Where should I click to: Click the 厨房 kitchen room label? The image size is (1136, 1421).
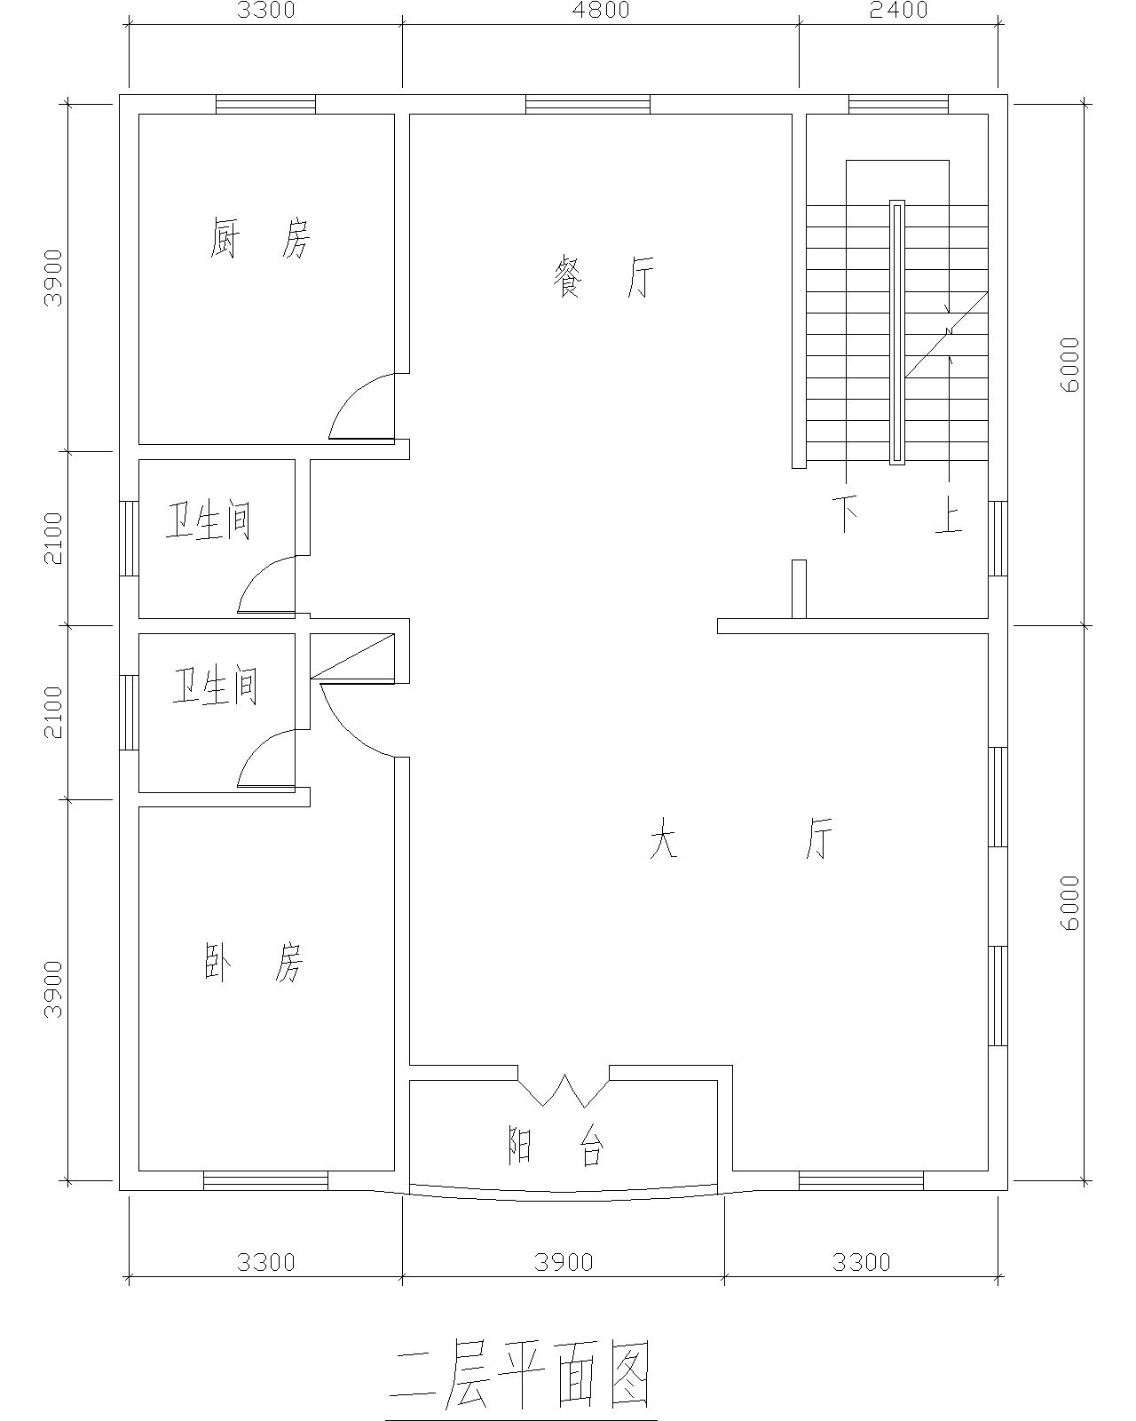click(259, 238)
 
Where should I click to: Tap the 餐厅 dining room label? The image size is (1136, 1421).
click(603, 277)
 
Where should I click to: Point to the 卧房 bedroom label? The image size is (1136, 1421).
click(253, 963)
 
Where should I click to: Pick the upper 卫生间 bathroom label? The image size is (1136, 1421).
click(208, 521)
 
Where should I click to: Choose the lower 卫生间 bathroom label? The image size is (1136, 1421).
click(215, 686)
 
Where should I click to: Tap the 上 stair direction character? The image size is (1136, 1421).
click(949, 518)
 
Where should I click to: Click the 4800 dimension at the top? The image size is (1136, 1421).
click(601, 11)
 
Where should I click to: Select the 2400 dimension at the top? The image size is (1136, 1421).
click(899, 11)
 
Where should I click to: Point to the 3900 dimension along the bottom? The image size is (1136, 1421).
click(564, 1263)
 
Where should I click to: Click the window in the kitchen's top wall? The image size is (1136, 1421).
click(266, 104)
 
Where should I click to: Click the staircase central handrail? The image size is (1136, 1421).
click(897, 332)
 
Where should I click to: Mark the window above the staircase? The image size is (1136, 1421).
click(898, 104)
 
